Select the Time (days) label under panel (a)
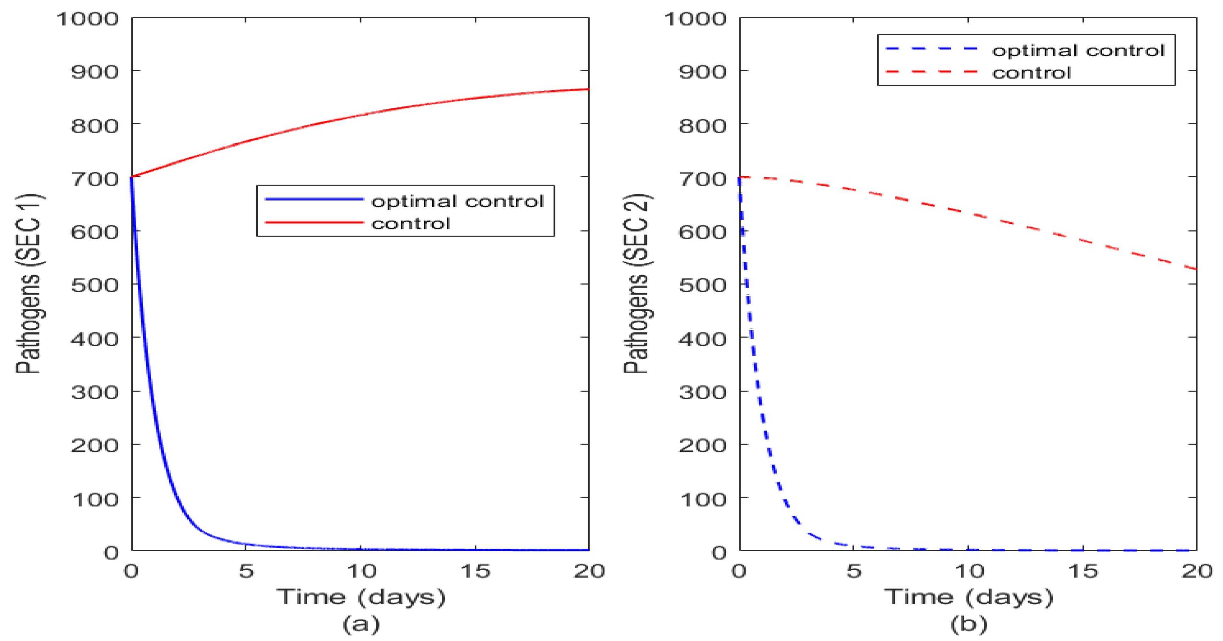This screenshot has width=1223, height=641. (x=361, y=597)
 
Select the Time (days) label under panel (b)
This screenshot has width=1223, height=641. (x=968, y=597)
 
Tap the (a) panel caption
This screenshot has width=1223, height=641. (x=361, y=623)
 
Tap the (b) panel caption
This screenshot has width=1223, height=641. (x=968, y=623)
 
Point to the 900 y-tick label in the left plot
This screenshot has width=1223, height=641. (x=95, y=72)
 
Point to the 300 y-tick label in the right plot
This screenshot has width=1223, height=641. (x=702, y=392)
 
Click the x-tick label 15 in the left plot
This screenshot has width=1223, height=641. (x=475, y=571)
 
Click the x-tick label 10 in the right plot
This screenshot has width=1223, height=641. (x=968, y=571)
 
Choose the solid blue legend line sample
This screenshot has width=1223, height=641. (x=314, y=199)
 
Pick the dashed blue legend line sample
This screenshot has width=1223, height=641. (x=931, y=49)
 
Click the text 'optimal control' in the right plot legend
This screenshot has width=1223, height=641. (x=1078, y=50)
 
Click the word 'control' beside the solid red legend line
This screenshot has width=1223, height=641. (x=410, y=223)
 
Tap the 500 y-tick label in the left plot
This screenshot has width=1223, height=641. (x=95, y=285)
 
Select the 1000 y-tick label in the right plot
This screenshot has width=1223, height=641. (x=695, y=19)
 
